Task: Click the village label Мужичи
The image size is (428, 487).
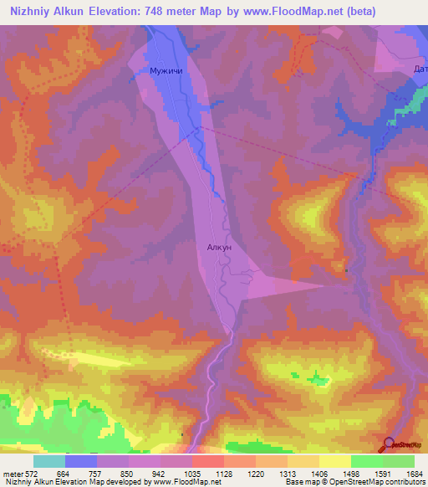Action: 166,72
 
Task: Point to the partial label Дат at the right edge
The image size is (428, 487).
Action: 419,69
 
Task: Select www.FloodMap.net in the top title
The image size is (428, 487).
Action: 282,12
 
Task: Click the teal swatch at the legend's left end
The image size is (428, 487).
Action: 49,461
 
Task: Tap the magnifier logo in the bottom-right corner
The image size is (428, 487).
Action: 390,443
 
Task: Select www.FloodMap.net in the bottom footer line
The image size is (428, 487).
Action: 180,482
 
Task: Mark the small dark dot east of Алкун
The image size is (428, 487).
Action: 346,269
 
